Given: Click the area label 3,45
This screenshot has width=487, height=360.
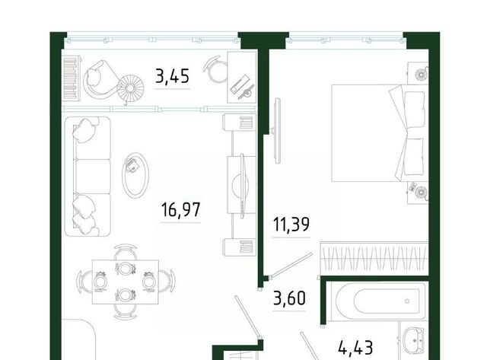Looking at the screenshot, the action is pos(173,76).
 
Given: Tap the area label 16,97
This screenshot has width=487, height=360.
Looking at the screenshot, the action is pos(181,209).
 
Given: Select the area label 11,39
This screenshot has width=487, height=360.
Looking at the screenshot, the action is pos(291,225).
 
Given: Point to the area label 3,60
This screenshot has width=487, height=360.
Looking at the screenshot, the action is pos(289,298).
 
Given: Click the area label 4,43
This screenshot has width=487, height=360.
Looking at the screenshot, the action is pos(355,347).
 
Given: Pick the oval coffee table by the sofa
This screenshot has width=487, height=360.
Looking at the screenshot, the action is pos(135,174).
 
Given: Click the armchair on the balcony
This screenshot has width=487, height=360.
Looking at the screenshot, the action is pos(99,79).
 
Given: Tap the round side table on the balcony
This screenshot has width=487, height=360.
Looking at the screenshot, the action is pos(130,88).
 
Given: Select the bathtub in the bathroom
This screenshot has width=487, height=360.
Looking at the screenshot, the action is pos(378,301).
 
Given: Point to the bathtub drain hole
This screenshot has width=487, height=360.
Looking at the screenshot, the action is pos(407,301).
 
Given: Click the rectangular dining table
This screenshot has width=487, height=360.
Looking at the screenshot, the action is pos(126,282).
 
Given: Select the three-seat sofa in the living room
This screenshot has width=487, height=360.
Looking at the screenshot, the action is pos(88,177).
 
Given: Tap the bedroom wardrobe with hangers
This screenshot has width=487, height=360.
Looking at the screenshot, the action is pos(374,258).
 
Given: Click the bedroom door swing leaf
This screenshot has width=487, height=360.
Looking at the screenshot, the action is pos(291,265).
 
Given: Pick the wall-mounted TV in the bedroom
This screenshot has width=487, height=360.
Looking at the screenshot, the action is pos(277,130).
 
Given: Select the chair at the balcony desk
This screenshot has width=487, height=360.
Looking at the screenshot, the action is pos(216,69).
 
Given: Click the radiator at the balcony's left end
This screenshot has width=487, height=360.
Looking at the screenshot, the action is pos(72,78).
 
